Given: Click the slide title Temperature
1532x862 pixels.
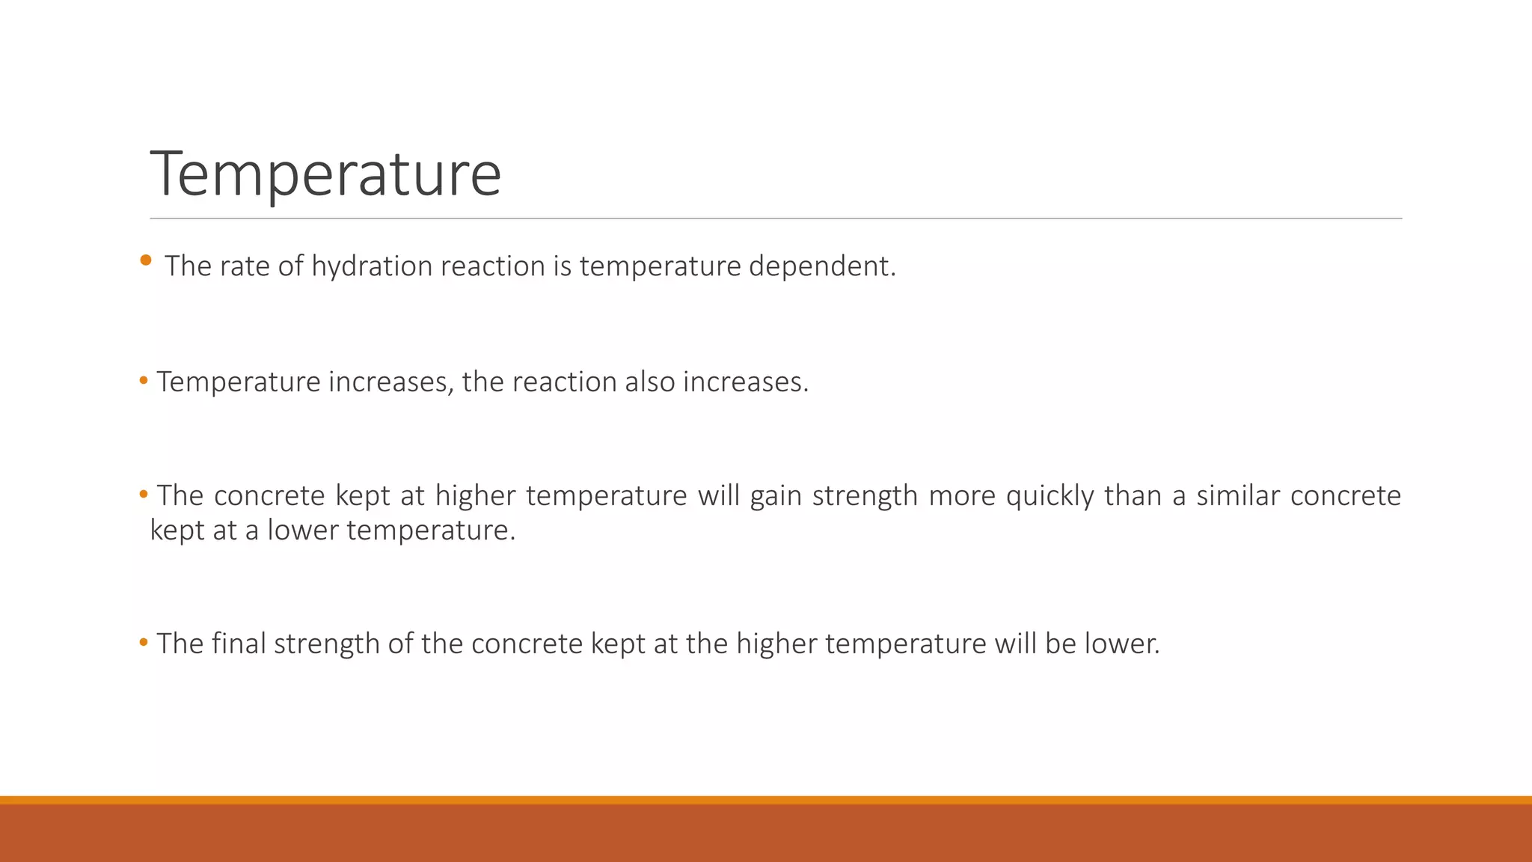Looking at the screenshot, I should click(325, 174).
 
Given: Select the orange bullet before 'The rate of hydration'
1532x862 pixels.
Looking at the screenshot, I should click(146, 260).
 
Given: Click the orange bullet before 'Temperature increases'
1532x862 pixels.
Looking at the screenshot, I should click(144, 382).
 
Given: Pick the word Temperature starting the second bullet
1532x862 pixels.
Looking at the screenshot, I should click(239, 382).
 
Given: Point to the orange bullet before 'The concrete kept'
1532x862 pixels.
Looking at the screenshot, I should click(144, 495).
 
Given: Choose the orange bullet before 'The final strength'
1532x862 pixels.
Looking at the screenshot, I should click(144, 643).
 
